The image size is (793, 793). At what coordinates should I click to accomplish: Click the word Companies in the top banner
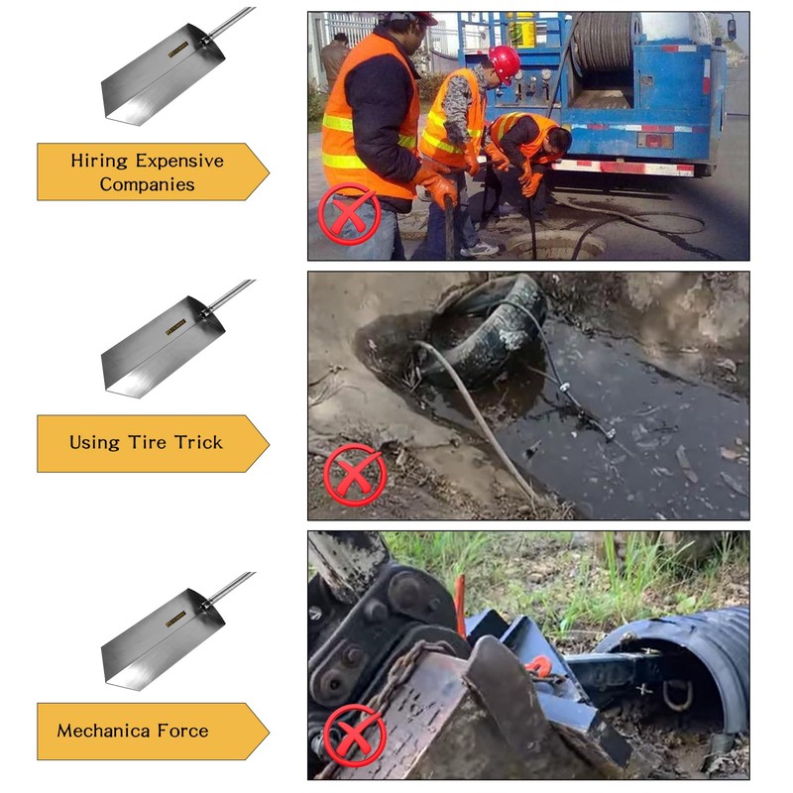pyautogui.click(x=147, y=185)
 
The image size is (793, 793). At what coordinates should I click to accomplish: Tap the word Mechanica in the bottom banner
pyautogui.click(x=103, y=732)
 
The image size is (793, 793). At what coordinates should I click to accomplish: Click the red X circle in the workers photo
pyautogui.click(x=349, y=212)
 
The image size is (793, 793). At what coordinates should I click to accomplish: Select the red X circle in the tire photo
pyautogui.click(x=354, y=474)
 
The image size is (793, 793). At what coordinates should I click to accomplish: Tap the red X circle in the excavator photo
pyautogui.click(x=354, y=735)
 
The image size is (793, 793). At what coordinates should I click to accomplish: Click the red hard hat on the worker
pyautogui.click(x=505, y=62)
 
